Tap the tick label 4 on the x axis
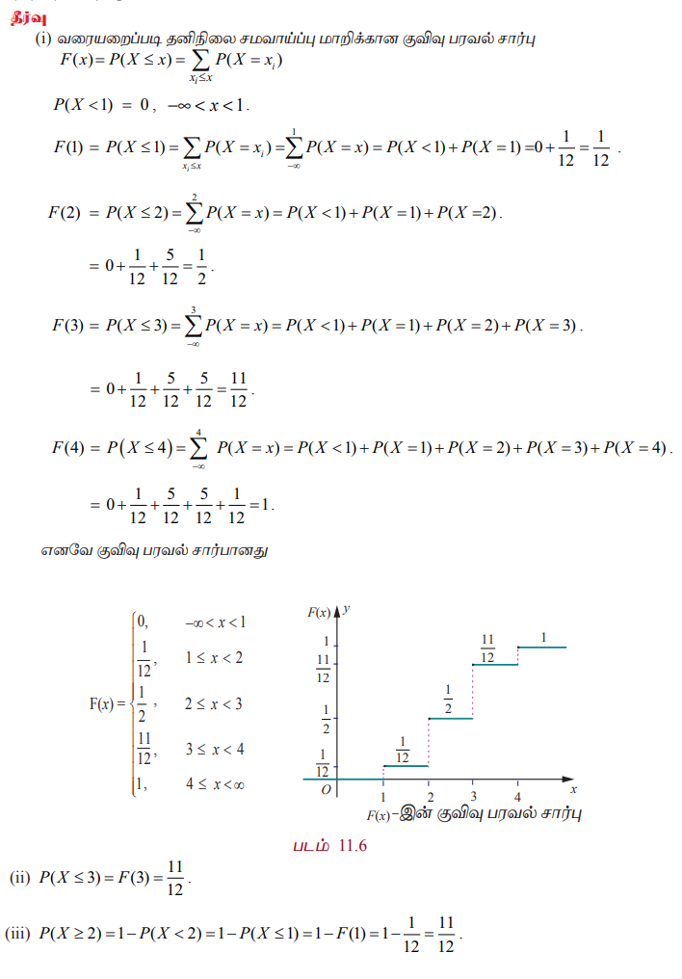point(517,797)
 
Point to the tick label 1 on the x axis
point(383,797)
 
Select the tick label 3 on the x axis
point(473,797)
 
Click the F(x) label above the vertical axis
point(319,612)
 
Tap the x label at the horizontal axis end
point(573,790)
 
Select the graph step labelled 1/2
point(449,719)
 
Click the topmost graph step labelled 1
point(542,647)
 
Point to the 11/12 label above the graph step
point(487,648)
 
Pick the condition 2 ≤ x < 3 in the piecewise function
point(214,703)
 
